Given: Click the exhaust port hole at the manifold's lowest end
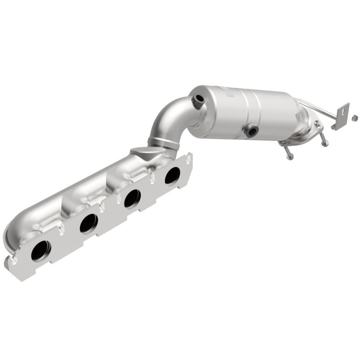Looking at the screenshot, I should pyautogui.click(x=40, y=251).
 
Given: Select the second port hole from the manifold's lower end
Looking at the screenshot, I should pyautogui.click(x=88, y=223).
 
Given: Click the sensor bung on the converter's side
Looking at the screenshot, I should pyautogui.click(x=250, y=131).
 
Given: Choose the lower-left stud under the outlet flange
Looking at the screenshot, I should pyautogui.click(x=288, y=153).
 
